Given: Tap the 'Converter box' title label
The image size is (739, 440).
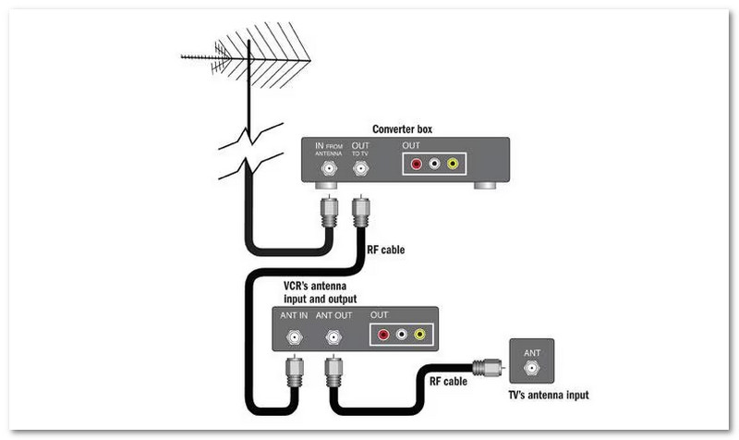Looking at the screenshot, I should pos(402,129).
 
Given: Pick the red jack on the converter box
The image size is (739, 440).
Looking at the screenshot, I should pos(416,165).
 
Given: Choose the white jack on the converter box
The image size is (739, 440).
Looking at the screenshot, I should pos(434,165).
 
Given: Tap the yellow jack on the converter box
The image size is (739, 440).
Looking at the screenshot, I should pos(452,165).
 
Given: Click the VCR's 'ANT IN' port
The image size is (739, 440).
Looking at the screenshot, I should pos(294,338).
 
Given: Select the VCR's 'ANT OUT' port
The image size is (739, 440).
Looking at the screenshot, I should pos(332,338).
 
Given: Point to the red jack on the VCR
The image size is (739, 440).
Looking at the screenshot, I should pos(382,334).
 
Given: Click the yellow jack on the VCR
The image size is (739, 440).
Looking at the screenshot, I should pos(419,334).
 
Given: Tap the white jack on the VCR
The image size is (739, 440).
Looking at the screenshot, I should pos(401,334).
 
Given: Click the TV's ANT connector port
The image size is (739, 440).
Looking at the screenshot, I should pos(532,367).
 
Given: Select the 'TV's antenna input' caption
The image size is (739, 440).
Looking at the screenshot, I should pos(549,396).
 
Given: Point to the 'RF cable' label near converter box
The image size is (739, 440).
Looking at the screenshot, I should pos(385,250).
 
